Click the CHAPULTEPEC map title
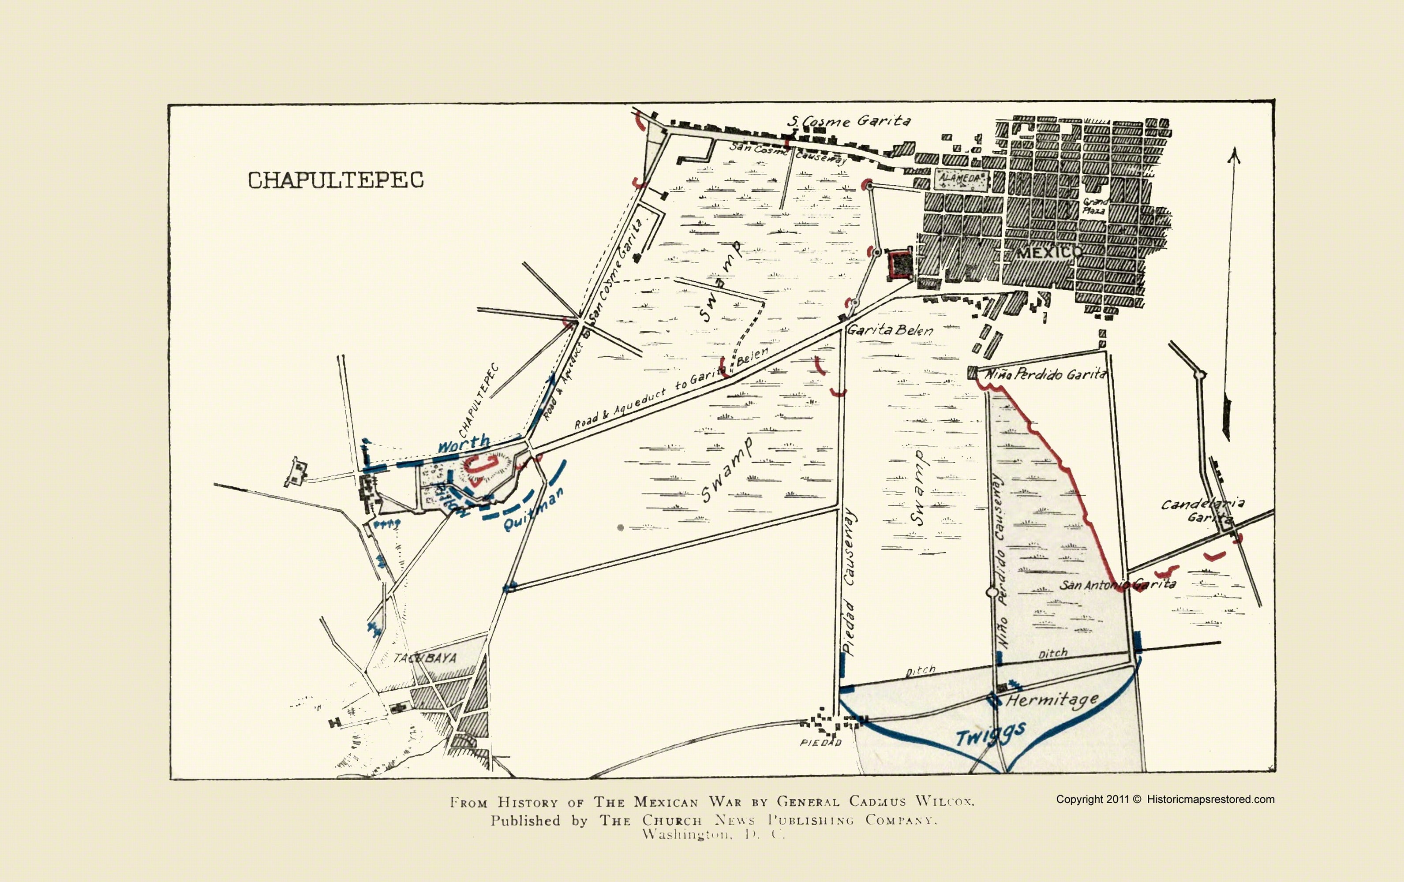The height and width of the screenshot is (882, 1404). point(335,180)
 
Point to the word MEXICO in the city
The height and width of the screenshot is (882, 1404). point(1044,252)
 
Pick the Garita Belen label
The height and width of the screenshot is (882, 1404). point(890,330)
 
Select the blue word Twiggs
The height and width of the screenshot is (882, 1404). point(990,735)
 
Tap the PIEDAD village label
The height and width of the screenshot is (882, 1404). point(820,743)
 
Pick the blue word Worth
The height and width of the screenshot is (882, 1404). point(464,444)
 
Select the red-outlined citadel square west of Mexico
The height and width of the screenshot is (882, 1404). point(900,264)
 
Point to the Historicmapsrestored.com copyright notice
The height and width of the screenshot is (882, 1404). point(1165,799)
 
